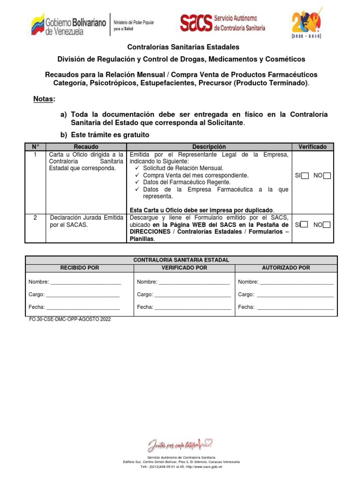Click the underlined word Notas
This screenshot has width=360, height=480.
[44, 99]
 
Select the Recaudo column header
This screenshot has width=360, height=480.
[86, 147]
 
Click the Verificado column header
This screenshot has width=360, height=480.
[312, 147]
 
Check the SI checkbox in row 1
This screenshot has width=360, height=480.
[305, 176]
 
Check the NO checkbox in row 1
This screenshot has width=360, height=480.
[327, 176]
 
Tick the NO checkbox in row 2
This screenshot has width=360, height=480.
[327, 225]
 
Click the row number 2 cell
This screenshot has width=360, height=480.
[35, 217]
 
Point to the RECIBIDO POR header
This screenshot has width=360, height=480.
[80, 268]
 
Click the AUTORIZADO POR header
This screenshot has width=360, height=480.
[286, 268]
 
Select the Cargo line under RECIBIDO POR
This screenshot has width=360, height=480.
[82, 295]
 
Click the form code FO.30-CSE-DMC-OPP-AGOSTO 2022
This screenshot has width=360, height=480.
[70, 319]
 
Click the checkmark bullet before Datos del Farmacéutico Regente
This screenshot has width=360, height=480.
[137, 182]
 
